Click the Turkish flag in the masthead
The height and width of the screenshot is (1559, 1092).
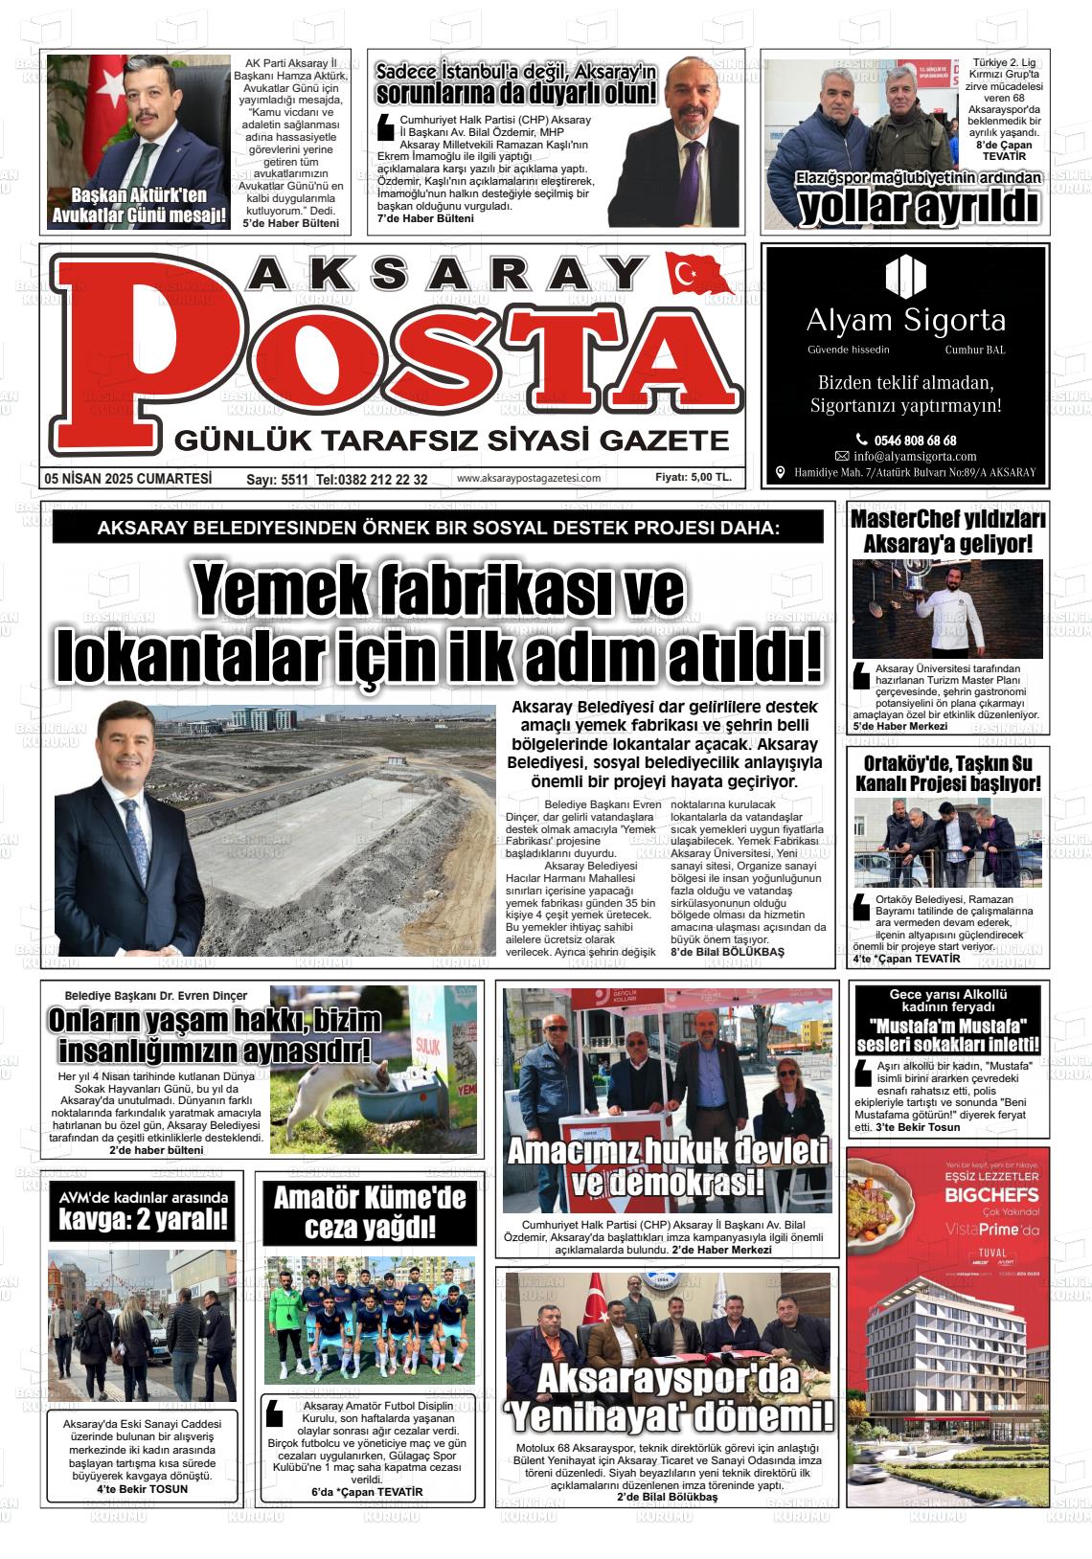697,276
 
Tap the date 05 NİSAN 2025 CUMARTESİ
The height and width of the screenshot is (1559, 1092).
127,479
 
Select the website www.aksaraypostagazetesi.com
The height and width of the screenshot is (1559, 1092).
529,479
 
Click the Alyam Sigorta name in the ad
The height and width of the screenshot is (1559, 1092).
905,319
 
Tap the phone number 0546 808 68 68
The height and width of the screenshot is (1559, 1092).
905,441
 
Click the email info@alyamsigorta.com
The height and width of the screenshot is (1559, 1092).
914,457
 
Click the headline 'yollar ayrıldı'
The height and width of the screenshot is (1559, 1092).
918,206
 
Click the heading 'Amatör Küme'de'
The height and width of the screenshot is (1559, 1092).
369,1197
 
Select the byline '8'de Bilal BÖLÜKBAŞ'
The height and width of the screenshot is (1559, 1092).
727,952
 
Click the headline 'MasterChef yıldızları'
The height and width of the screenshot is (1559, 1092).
947,521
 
